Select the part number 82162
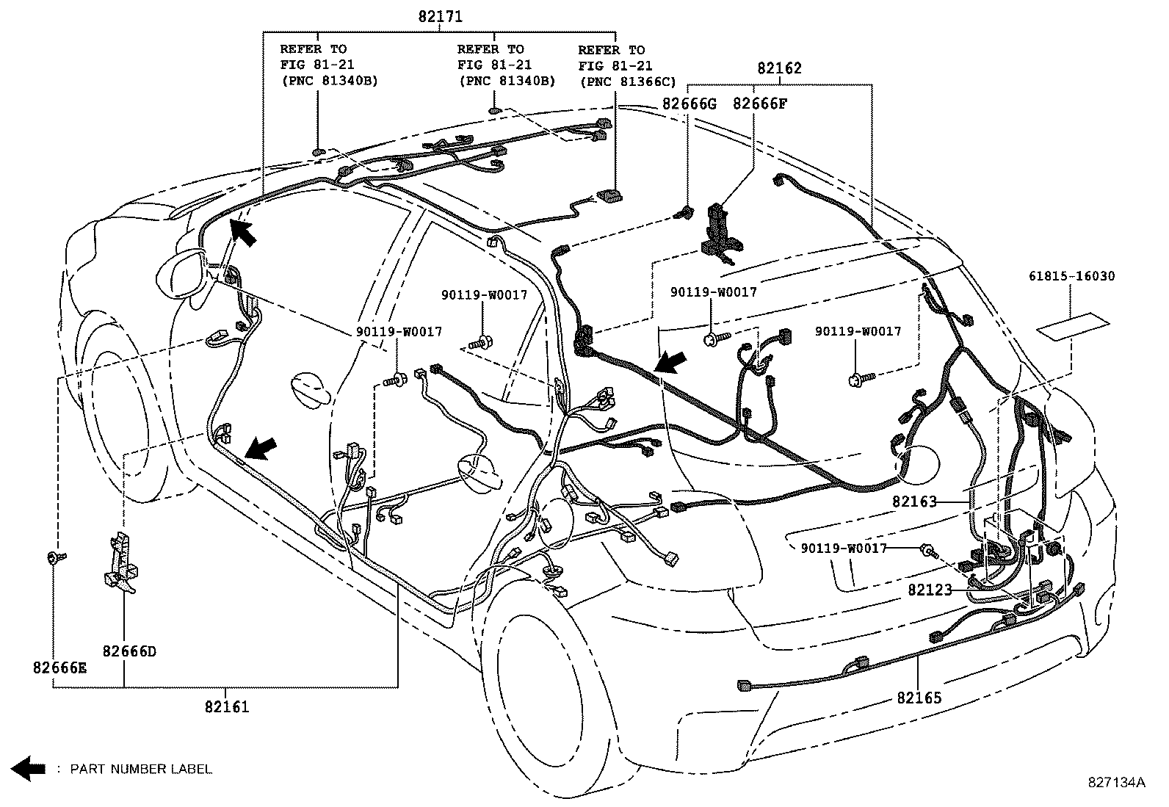click(x=779, y=68)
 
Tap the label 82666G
click(x=689, y=104)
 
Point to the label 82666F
click(x=759, y=104)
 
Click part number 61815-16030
click(x=1071, y=277)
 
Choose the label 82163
click(x=915, y=502)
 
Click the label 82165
click(x=919, y=698)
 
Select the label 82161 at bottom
click(x=227, y=707)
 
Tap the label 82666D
click(x=129, y=651)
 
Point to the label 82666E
click(x=59, y=667)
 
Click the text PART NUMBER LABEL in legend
click(x=141, y=770)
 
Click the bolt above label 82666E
click(x=54, y=559)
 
